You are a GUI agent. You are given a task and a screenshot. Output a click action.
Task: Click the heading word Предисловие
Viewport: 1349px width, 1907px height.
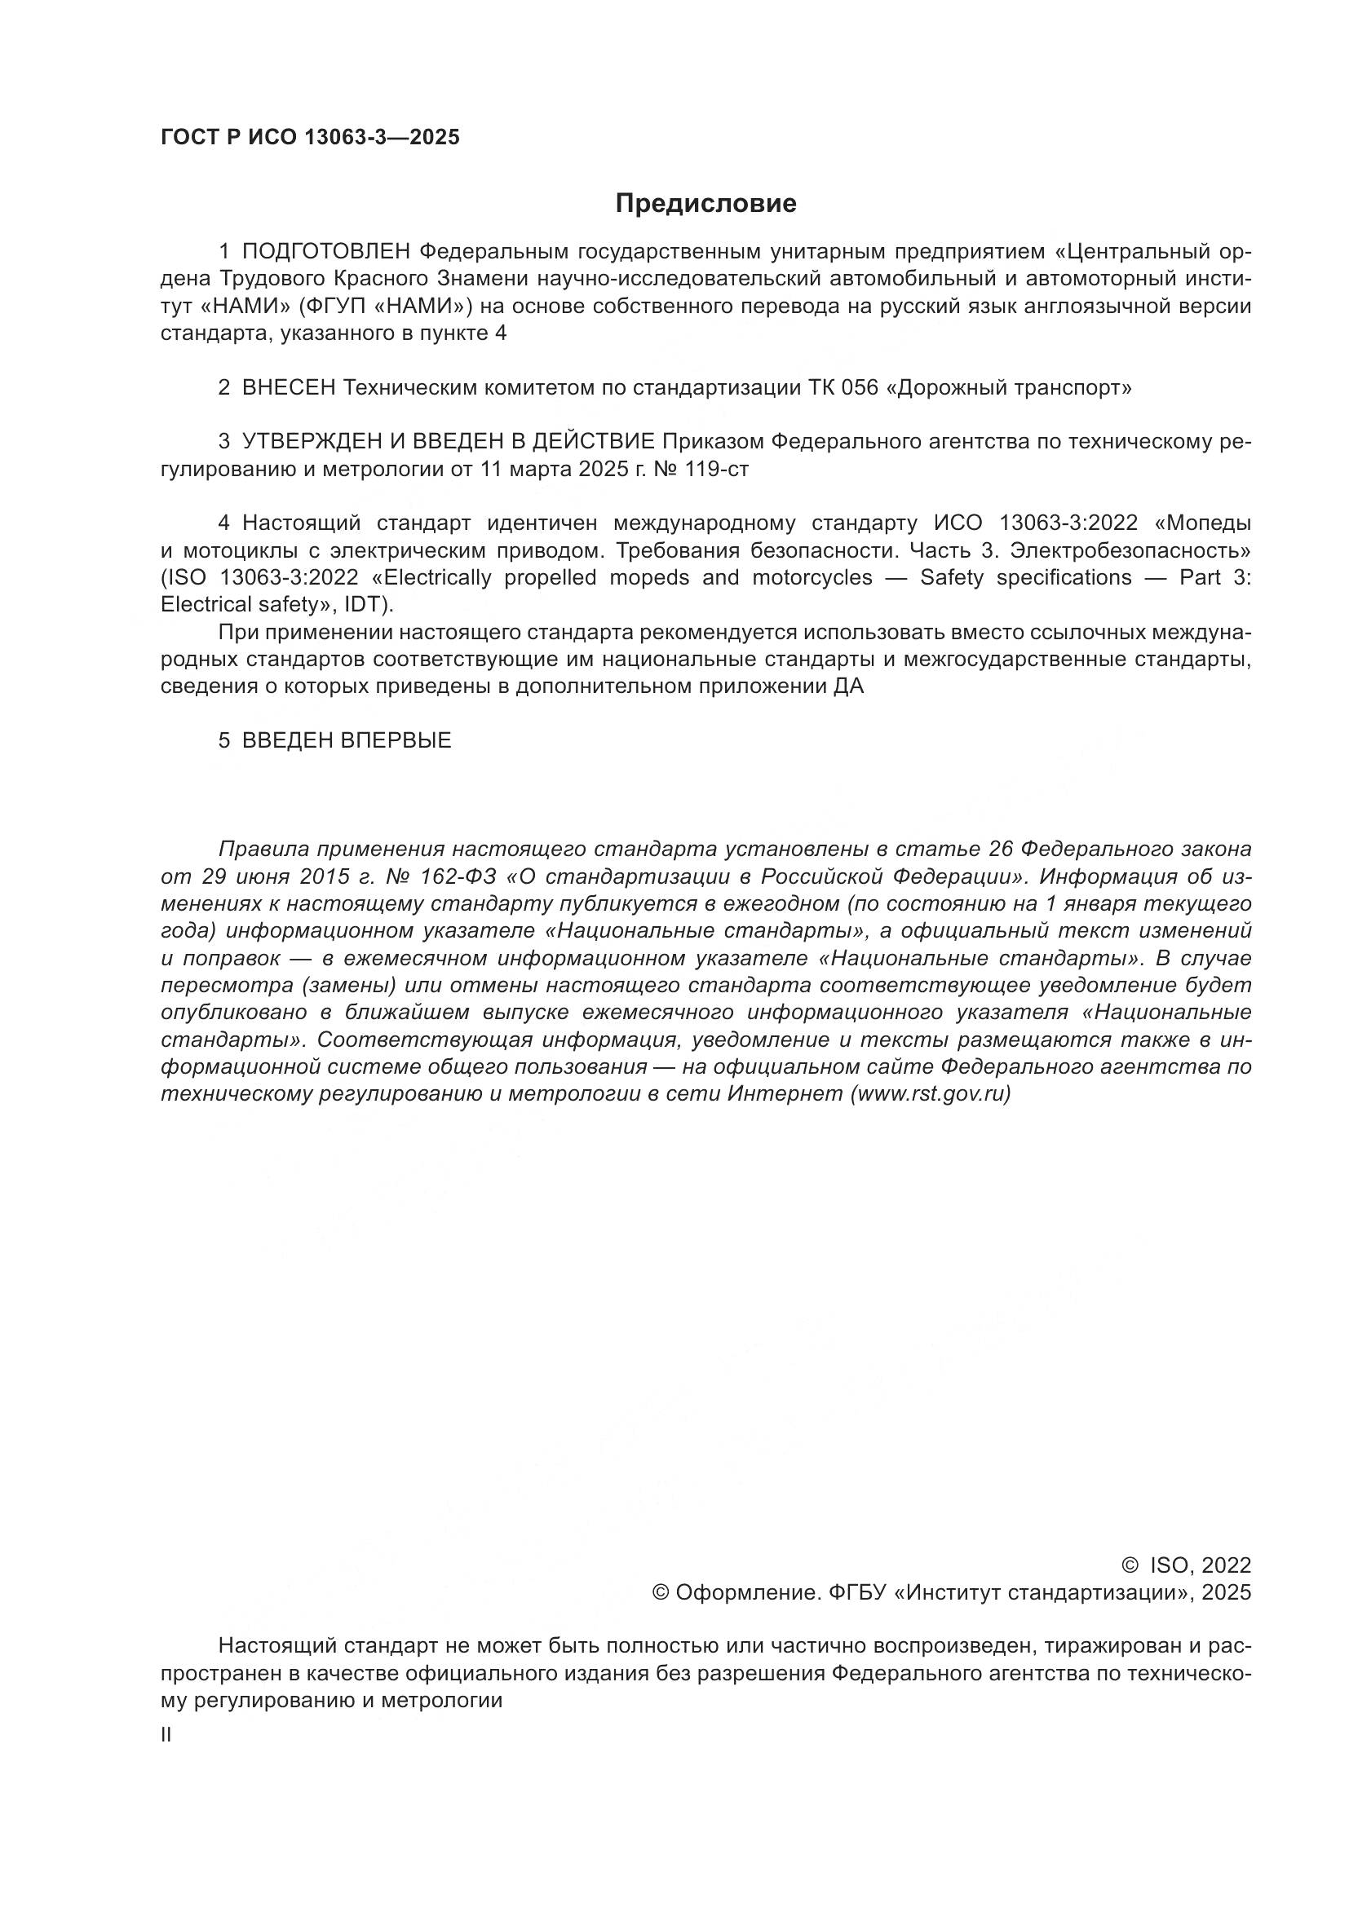[x=705, y=204]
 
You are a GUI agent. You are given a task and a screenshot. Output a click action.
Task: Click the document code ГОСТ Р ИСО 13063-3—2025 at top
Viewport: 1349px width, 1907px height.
[x=310, y=138]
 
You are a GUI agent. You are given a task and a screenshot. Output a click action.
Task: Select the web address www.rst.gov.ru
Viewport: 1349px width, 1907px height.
[x=931, y=1094]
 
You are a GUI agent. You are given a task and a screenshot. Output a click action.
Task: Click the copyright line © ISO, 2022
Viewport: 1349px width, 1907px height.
[x=1186, y=1566]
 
